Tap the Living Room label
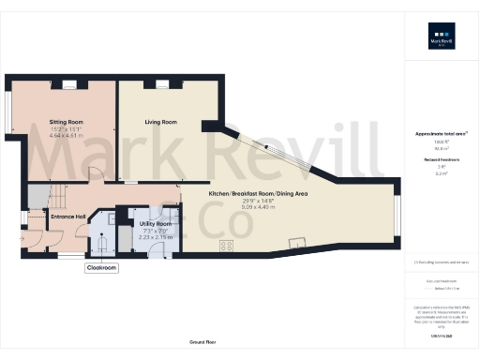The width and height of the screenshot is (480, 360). pos(160,122)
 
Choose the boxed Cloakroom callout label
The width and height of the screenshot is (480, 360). pos(101,267)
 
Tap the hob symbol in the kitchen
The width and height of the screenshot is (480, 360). pos(226,246)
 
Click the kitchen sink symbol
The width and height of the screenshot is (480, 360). pos(298,245)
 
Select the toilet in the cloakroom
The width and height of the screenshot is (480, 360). pos(102,243)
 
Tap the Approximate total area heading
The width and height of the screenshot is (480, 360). pos(440,134)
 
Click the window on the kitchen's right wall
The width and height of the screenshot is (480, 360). pos(397,216)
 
